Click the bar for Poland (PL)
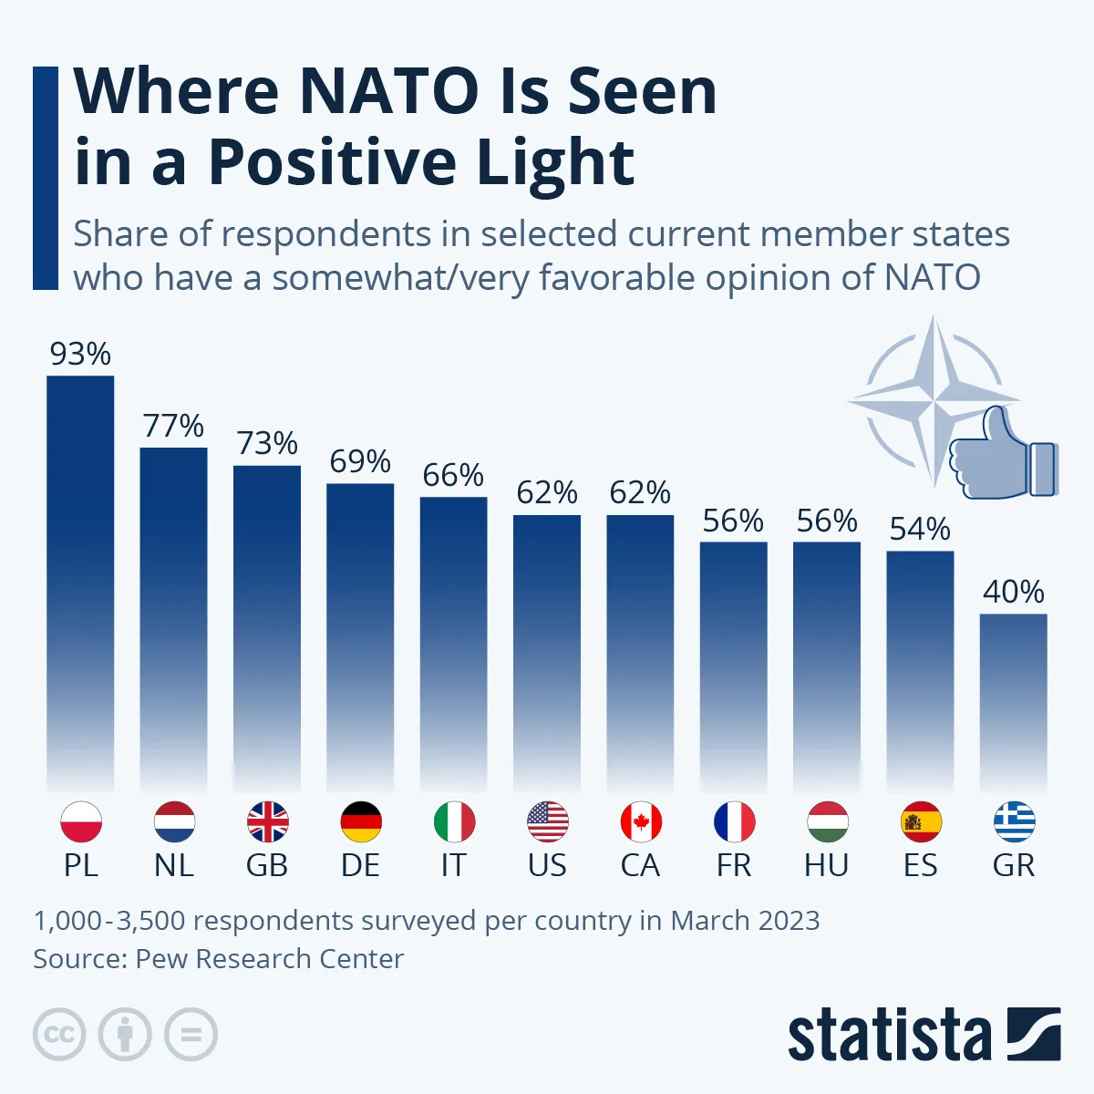pos(80,583)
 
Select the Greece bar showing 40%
pos(1013,702)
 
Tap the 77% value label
pos(173,426)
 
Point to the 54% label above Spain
pos(920,529)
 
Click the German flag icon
pos(360,822)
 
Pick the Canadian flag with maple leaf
pos(640,822)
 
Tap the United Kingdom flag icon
pos(267,822)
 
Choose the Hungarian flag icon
pos(827,822)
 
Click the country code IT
pos(453,865)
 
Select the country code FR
pos(734,865)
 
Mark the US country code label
pos(547,865)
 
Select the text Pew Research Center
pos(269,959)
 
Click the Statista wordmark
pos(889,1037)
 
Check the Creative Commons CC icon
pos(59,1035)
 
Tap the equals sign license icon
pos(191,1035)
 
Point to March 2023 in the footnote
pos(745,921)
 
